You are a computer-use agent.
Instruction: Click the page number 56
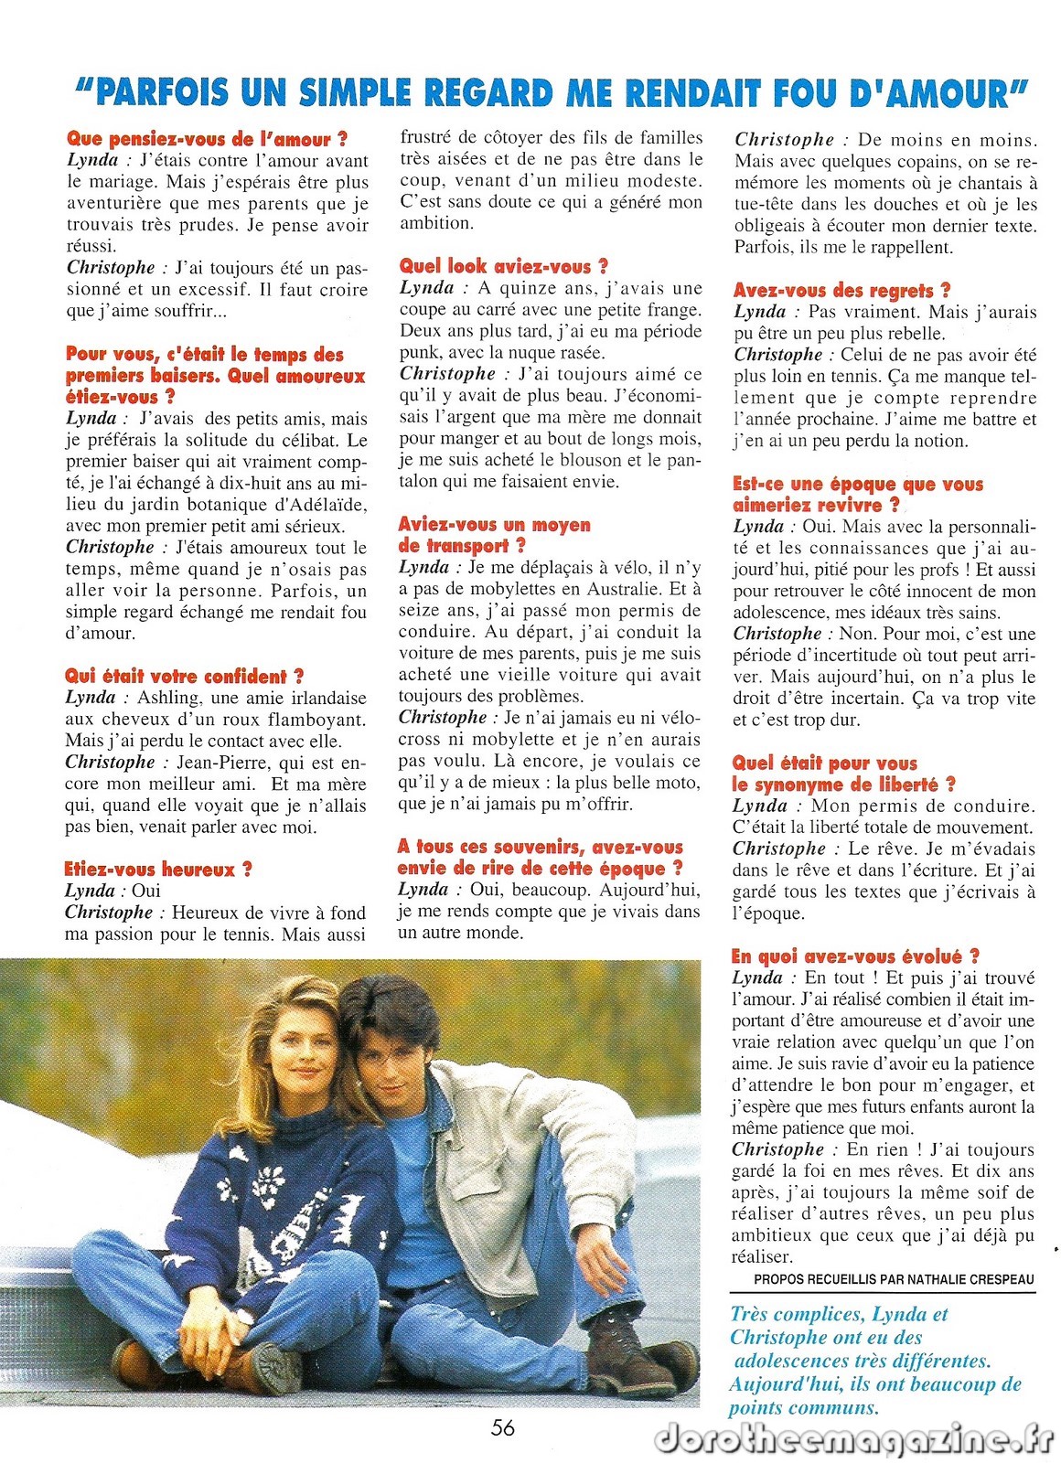click(502, 1427)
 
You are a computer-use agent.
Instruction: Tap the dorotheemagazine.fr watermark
click(854, 1438)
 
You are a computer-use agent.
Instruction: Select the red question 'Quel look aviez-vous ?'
click(503, 267)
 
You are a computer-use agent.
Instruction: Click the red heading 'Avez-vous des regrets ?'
click(841, 291)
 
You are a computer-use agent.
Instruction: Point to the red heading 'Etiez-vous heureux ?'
click(157, 869)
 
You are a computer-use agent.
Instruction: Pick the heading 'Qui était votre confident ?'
click(184, 677)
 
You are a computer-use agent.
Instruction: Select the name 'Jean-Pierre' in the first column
click(223, 763)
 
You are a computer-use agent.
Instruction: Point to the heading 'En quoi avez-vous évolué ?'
click(855, 956)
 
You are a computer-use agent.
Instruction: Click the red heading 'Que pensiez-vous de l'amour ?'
click(207, 139)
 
